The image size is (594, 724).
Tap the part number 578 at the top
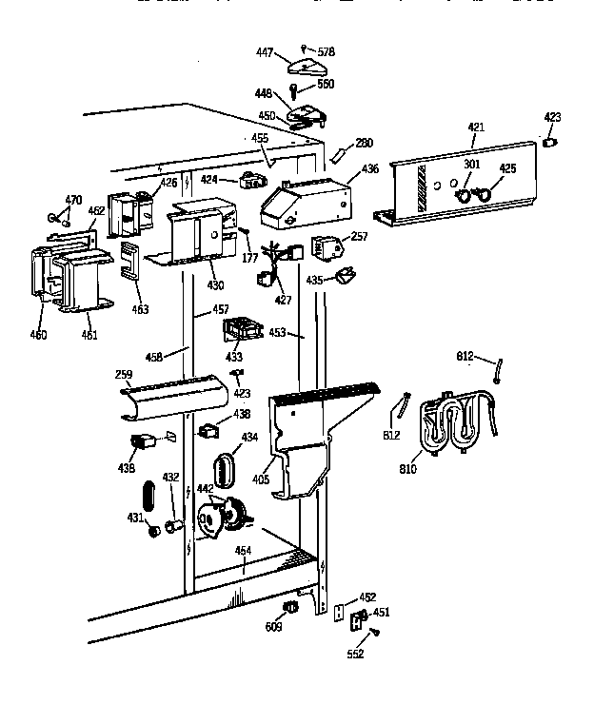point(326,50)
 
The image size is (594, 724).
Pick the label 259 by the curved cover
point(124,376)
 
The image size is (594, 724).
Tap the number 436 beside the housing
point(369,169)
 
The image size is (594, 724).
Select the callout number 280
point(364,144)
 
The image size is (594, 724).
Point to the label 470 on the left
point(73,201)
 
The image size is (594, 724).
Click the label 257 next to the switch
point(359,236)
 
